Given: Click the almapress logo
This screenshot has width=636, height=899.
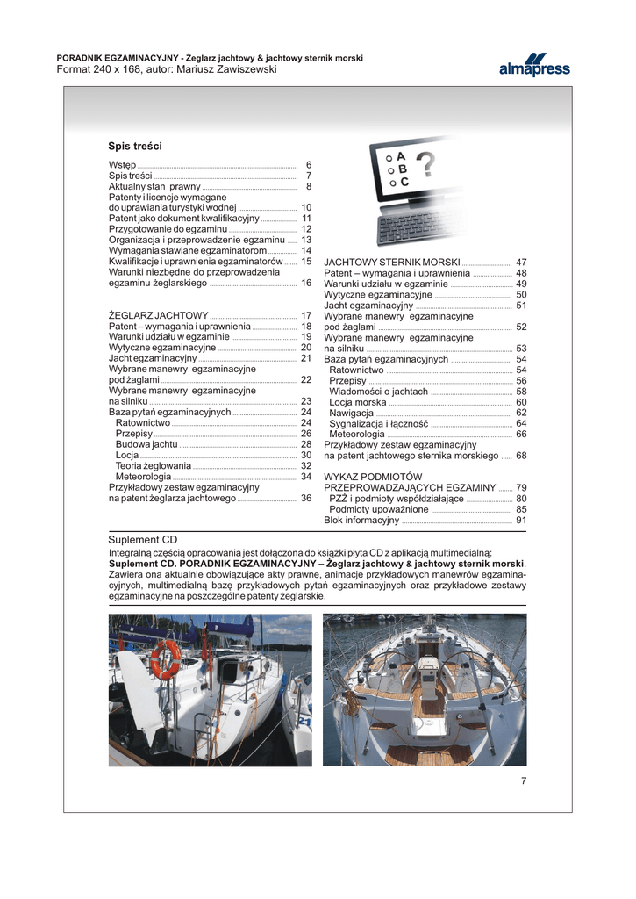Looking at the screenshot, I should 534,65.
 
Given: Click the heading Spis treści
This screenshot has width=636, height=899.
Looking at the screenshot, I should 135,147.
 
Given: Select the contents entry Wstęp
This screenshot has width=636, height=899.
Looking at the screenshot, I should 122,165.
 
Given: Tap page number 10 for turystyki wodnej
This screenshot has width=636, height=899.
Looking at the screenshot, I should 306,207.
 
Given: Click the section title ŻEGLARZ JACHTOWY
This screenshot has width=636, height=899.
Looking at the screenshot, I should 158,315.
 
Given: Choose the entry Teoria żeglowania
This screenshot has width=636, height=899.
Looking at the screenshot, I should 153,465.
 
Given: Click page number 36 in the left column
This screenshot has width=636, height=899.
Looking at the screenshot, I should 306,498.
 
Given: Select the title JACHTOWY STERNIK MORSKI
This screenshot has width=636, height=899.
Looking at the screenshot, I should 392,263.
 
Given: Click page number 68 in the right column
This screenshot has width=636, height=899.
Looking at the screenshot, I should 521,456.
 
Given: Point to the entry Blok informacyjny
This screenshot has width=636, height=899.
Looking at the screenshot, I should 361,520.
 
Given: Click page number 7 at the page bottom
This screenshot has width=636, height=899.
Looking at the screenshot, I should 523,782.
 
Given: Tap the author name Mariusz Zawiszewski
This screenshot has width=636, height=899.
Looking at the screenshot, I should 226,69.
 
